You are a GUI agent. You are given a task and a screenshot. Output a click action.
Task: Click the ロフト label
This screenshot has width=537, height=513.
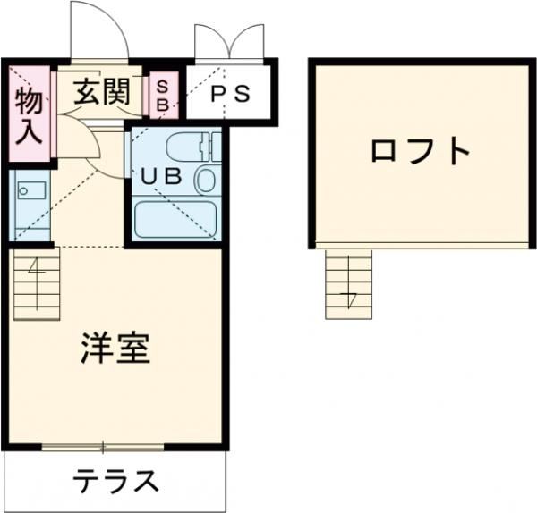(x=420, y=150)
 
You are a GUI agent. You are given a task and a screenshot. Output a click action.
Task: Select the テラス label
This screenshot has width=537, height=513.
(x=115, y=482)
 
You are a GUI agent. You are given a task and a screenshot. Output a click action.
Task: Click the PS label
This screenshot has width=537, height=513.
(x=229, y=94)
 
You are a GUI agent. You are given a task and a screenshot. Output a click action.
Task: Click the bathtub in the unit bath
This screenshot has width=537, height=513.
(x=176, y=218)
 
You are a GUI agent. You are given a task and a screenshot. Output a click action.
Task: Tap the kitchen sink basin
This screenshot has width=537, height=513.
(x=30, y=190)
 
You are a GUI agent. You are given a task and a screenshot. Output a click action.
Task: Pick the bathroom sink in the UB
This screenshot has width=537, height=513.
(x=207, y=180)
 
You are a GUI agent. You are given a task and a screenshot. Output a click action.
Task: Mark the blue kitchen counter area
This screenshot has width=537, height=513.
(x=30, y=206)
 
